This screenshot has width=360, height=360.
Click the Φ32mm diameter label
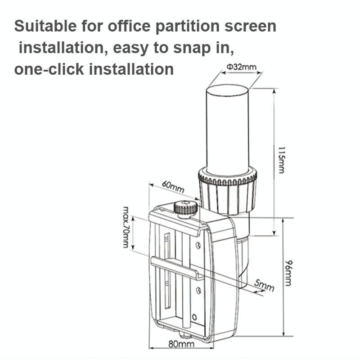[241, 67]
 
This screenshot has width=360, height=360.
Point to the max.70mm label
[126, 227]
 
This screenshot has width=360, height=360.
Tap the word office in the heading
[126, 26]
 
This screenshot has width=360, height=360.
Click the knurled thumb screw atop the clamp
[185, 208]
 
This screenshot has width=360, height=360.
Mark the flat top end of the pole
[227, 89]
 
